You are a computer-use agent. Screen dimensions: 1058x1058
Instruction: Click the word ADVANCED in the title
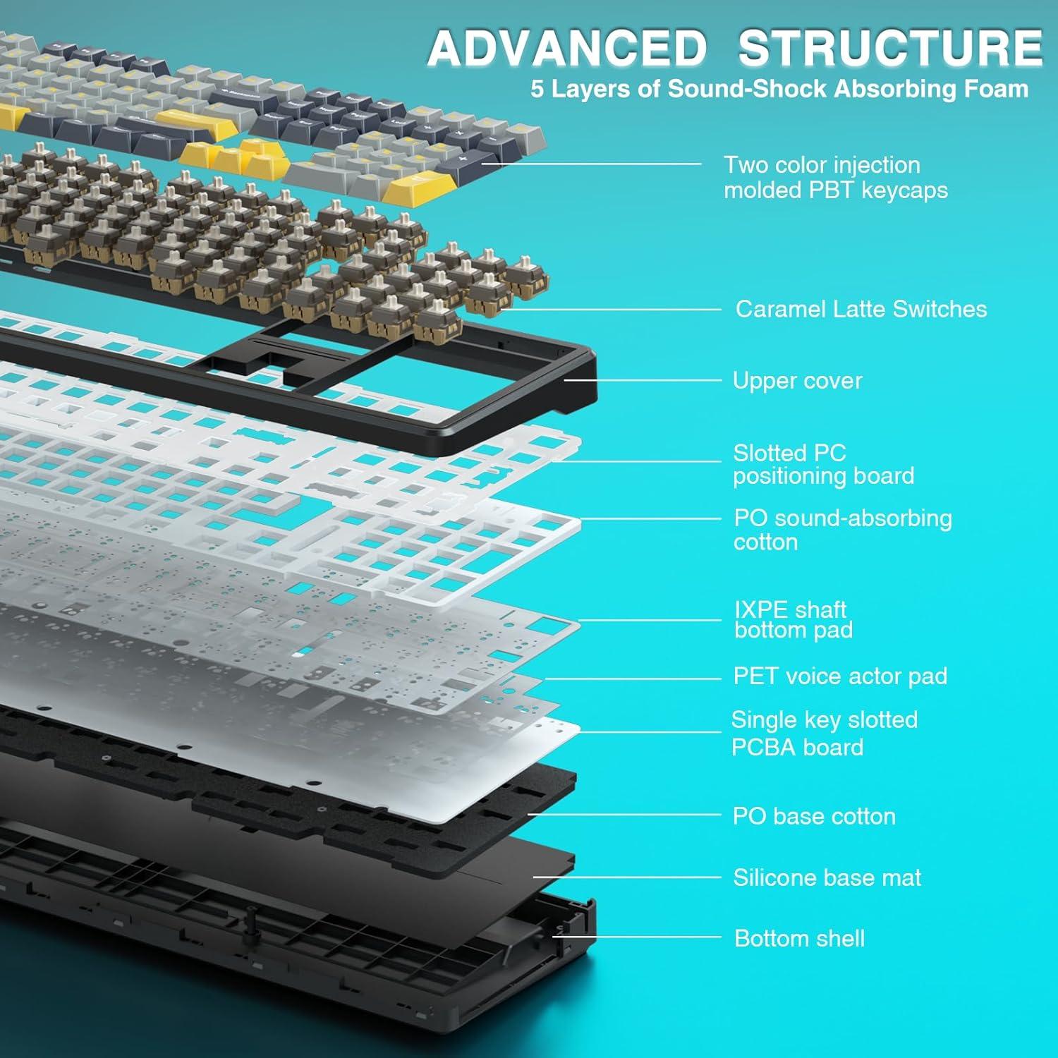[x=567, y=48]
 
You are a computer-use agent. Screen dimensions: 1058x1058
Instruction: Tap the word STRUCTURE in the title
[x=890, y=48]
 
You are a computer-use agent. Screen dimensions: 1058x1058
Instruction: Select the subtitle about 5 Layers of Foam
[x=779, y=89]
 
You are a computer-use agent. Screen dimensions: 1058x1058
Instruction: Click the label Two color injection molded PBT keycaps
[x=835, y=177]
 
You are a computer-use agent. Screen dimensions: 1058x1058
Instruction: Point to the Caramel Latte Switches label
[x=861, y=309]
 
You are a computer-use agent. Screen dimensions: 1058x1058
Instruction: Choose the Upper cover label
[x=797, y=381]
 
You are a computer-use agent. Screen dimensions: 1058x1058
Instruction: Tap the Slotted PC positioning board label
[x=823, y=464]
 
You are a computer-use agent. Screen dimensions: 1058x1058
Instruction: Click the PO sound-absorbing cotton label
[x=842, y=530]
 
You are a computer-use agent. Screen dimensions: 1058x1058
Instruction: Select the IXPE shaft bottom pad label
[x=793, y=619]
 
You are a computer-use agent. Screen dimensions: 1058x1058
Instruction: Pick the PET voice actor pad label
[x=840, y=676]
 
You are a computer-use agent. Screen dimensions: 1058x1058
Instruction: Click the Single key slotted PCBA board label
[x=824, y=733]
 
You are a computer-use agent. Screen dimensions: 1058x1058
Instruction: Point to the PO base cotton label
[x=814, y=816]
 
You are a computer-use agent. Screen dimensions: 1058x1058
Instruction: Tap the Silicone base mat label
[x=827, y=877]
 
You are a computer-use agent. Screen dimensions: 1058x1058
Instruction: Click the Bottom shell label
[x=799, y=938]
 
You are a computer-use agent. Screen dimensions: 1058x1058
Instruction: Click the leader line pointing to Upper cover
[x=642, y=380]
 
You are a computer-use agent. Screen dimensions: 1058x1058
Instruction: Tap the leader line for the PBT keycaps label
[x=592, y=164]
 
